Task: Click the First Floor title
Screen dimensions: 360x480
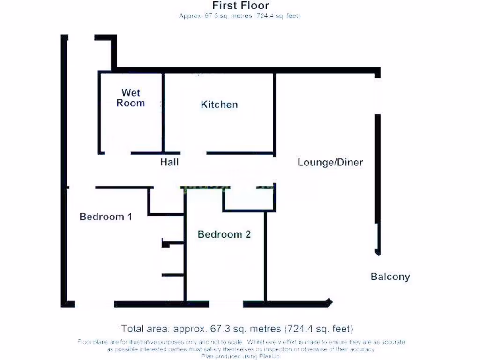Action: point(240,6)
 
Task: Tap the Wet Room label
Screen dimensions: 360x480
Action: point(130,97)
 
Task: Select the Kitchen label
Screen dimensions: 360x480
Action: point(219,104)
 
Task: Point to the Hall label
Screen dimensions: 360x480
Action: point(169,162)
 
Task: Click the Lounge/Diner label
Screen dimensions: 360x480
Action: point(330,162)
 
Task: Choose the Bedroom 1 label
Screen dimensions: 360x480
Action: point(105,217)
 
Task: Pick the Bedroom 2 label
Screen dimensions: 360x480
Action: point(224,234)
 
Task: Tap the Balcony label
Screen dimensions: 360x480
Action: point(390,277)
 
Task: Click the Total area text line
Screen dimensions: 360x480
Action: point(237,328)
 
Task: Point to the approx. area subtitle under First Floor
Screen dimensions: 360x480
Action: point(240,16)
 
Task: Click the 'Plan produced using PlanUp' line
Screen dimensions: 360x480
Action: point(241,356)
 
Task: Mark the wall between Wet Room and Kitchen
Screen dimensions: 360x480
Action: point(163,112)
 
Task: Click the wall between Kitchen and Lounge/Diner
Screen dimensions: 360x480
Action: point(275,112)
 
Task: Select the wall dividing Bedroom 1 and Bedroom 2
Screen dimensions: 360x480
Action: point(185,253)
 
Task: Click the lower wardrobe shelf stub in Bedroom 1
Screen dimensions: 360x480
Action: point(172,275)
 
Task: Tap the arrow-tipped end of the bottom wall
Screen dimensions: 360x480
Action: point(330,303)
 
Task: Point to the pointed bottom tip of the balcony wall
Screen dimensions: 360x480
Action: point(377,253)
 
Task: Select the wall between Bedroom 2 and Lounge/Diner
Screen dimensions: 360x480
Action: point(265,255)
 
